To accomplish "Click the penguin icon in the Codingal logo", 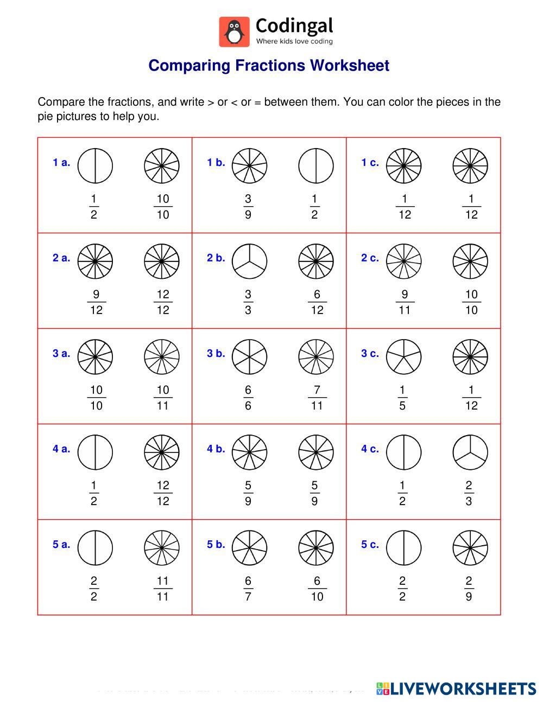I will [234, 31].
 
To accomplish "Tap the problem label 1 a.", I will [61, 162].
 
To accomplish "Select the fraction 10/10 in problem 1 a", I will [163, 207].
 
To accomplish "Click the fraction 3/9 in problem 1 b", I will [248, 207].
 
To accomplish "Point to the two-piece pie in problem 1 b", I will [316, 165].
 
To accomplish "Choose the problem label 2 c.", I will [370, 258].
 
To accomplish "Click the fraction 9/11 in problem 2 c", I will [405, 302].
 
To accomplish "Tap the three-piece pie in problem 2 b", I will [250, 261].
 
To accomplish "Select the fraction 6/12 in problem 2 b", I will [317, 302].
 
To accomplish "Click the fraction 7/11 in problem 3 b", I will [317, 398].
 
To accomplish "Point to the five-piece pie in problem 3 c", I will [404, 356].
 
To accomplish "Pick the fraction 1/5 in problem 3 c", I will [402, 398].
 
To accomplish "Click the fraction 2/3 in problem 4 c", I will [469, 493].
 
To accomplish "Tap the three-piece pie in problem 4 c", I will [470, 452].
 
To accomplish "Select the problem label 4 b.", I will [216, 449].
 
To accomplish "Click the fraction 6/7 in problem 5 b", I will [248, 589].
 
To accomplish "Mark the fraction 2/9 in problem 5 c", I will [469, 589].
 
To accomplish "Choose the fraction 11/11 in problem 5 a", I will [163, 589].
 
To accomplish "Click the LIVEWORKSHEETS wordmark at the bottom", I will [456, 688].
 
